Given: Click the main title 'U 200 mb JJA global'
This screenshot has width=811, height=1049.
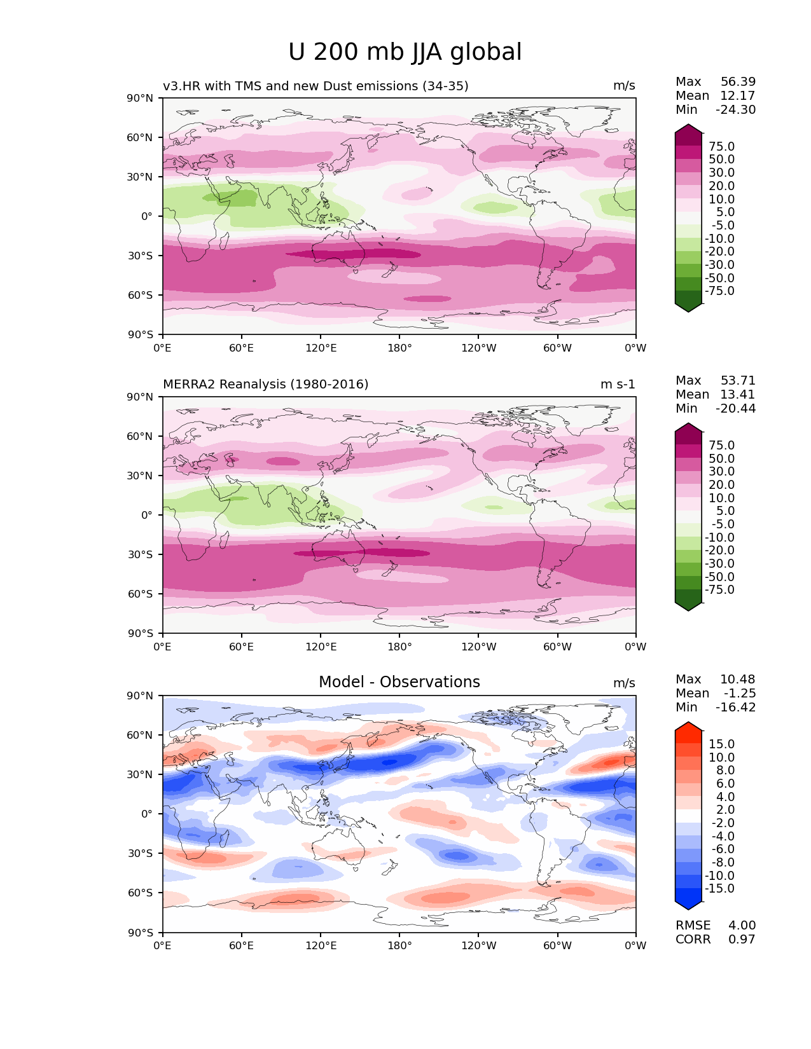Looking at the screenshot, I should coord(405,52).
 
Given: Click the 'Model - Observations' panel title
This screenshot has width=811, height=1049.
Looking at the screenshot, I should coord(399,682).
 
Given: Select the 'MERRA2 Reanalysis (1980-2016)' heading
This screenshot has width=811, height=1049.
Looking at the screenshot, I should coord(265,384).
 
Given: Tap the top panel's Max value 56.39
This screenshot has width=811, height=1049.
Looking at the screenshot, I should coord(738,81).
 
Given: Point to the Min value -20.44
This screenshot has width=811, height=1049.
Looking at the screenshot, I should coord(735,408).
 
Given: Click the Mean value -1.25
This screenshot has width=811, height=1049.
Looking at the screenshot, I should coord(739,693).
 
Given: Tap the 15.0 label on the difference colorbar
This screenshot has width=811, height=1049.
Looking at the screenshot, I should coord(721,744).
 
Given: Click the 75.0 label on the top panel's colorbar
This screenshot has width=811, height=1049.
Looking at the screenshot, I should coord(721,146).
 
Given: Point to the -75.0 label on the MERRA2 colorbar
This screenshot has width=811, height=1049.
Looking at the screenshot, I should coord(719,589).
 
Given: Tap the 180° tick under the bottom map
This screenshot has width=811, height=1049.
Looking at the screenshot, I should coord(399,945).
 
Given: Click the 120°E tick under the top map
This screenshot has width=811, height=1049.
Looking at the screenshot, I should coord(321,348).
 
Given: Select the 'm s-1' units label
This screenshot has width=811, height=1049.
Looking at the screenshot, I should coord(618,384).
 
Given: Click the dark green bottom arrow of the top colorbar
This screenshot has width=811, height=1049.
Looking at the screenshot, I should coord(688,306).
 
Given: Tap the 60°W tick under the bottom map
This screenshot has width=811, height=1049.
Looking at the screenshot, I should coord(557,945).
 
